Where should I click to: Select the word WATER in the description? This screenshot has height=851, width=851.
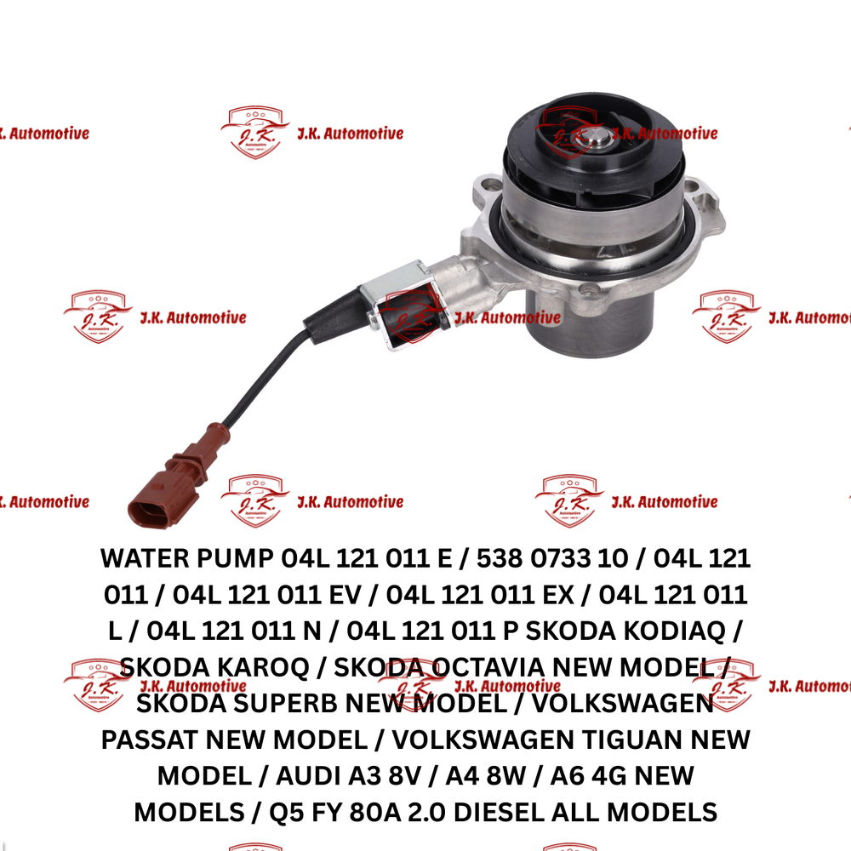[145, 558]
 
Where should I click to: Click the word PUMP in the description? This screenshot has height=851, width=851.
[235, 558]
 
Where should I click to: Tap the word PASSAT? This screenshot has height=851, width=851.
[150, 740]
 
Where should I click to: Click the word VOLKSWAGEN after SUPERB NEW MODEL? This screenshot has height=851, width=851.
[623, 704]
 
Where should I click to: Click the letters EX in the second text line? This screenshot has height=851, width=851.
[558, 595]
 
